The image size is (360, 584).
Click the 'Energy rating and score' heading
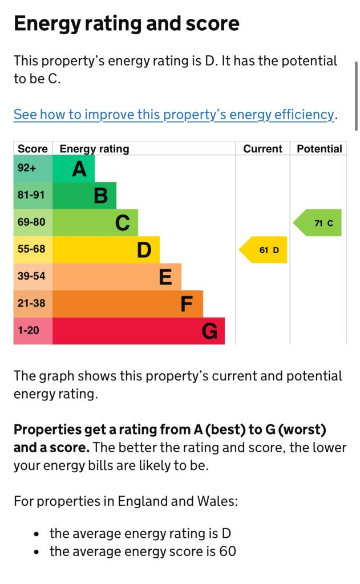click(x=126, y=24)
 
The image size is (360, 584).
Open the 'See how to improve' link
click(x=173, y=114)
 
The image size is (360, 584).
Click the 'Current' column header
click(x=262, y=149)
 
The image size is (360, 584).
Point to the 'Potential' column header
click(x=319, y=149)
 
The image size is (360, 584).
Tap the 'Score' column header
click(x=33, y=149)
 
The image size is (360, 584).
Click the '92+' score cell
click(x=27, y=168)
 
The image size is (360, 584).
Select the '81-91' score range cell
click(x=31, y=195)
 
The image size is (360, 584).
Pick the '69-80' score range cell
click(x=31, y=222)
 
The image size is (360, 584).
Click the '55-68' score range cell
click(x=31, y=249)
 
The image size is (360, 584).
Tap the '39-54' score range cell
click(x=31, y=276)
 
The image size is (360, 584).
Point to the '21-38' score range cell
click(x=31, y=303)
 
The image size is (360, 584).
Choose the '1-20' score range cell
click(x=29, y=330)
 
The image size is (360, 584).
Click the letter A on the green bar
click(x=79, y=169)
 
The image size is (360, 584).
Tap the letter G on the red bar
click(x=209, y=331)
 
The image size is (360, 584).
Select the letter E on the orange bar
click(x=165, y=277)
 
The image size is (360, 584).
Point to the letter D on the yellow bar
click(x=144, y=250)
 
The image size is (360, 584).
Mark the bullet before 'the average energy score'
click(x=37, y=552)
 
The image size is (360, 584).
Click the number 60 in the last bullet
click(x=228, y=551)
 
